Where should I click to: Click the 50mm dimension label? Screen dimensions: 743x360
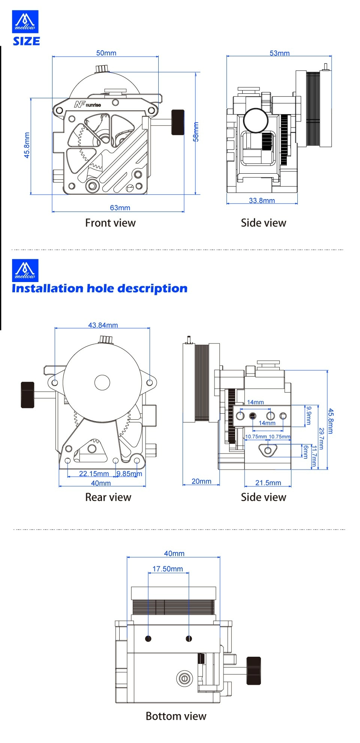tap(106, 53)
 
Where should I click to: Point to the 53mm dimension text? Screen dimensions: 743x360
tap(279, 53)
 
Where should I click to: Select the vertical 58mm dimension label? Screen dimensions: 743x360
tap(196, 132)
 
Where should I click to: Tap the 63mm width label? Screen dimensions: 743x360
tap(120, 207)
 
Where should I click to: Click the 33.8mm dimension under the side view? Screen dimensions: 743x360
tap(262, 200)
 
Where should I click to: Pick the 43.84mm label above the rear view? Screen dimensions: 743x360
tap(103, 325)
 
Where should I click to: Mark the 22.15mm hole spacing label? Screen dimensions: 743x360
tap(94, 473)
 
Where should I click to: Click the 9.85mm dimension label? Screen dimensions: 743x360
tap(129, 473)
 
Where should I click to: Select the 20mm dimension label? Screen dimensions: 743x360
tap(201, 481)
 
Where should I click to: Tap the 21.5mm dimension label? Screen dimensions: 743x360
tap(268, 483)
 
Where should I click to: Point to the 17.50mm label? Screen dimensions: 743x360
tap(168, 569)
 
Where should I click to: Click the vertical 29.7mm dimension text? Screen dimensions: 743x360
tap(321, 438)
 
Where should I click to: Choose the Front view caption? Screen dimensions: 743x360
tap(110, 223)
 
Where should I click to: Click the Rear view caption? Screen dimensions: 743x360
tap(108, 497)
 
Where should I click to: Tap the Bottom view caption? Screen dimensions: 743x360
tap(176, 716)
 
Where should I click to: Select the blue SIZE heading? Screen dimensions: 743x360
tap(26, 41)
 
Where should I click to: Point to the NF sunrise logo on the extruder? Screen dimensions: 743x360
tap(87, 104)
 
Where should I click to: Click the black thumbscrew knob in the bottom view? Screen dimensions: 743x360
tap(253, 671)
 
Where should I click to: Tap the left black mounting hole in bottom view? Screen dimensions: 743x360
tap(148, 638)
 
